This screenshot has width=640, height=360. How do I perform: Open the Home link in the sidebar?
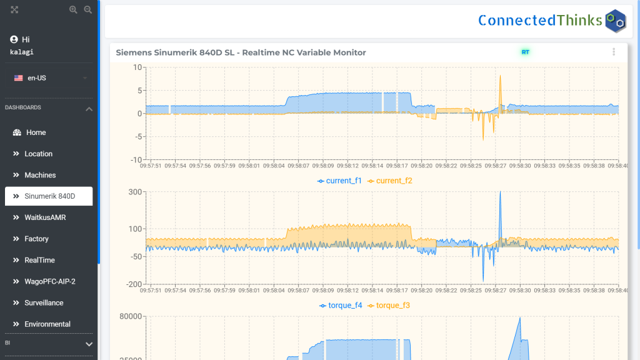pyautogui.click(x=36, y=132)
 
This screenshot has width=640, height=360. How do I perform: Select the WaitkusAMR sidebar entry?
pyautogui.click(x=45, y=217)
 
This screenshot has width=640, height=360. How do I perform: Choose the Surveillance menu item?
pyautogui.click(x=44, y=302)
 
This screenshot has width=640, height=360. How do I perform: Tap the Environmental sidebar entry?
pyautogui.click(x=47, y=324)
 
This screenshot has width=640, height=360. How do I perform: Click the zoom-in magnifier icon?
pyautogui.click(x=74, y=10)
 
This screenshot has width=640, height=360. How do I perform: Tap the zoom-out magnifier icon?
pyautogui.click(x=88, y=10)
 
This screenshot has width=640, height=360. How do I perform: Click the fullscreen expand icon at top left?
pyautogui.click(x=15, y=10)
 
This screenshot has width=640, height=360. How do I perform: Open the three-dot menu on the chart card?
pyautogui.click(x=614, y=52)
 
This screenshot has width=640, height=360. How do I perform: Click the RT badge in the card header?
pyautogui.click(x=525, y=52)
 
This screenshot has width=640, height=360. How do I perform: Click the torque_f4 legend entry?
pyautogui.click(x=340, y=306)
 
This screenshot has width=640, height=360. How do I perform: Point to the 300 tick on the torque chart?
pyautogui.click(x=135, y=192)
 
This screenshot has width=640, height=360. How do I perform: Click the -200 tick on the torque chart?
pyautogui.click(x=134, y=284)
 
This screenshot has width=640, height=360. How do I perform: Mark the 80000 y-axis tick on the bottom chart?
pyautogui.click(x=130, y=317)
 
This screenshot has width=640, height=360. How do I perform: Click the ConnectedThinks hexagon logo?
pyautogui.click(x=616, y=21)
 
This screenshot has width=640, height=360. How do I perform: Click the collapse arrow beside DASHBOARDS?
pyautogui.click(x=89, y=109)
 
